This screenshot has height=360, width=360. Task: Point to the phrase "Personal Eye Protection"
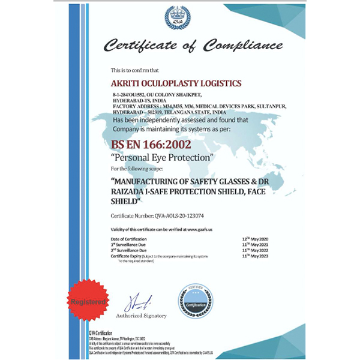pos(163,157)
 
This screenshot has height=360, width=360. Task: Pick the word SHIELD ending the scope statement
pos(127,202)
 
